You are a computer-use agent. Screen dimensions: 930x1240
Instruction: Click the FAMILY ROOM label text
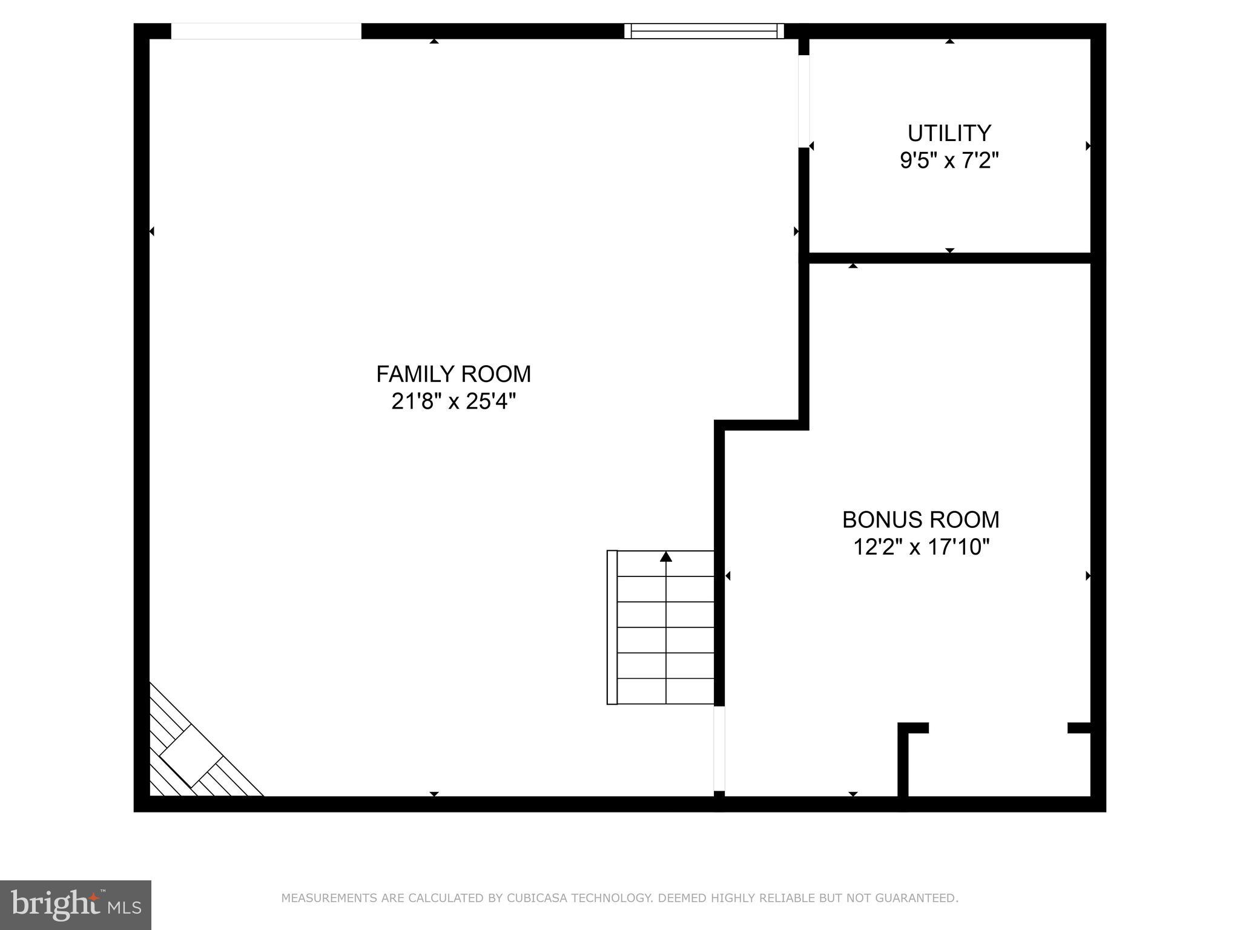453,374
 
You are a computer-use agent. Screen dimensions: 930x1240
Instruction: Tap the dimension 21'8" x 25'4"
453,401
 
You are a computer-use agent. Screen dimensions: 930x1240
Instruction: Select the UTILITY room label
949,133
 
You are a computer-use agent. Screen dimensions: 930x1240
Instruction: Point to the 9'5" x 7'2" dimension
949,160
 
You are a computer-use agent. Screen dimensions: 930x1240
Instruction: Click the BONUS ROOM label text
920,519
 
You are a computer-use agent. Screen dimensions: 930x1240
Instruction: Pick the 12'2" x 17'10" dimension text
920,547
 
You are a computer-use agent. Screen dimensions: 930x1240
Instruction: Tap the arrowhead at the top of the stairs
666,556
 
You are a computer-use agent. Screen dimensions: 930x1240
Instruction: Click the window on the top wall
704,31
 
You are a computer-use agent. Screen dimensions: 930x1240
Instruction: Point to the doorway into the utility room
803,101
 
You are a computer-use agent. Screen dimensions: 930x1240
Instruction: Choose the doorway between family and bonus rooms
719,748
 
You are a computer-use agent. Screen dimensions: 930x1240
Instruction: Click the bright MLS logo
76,905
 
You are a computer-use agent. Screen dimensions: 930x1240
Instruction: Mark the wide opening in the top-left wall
266,31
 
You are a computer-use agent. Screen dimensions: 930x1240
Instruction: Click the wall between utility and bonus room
949,258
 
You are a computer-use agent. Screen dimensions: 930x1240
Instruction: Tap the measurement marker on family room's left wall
151,231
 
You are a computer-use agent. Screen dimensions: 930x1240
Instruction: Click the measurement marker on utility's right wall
1088,146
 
